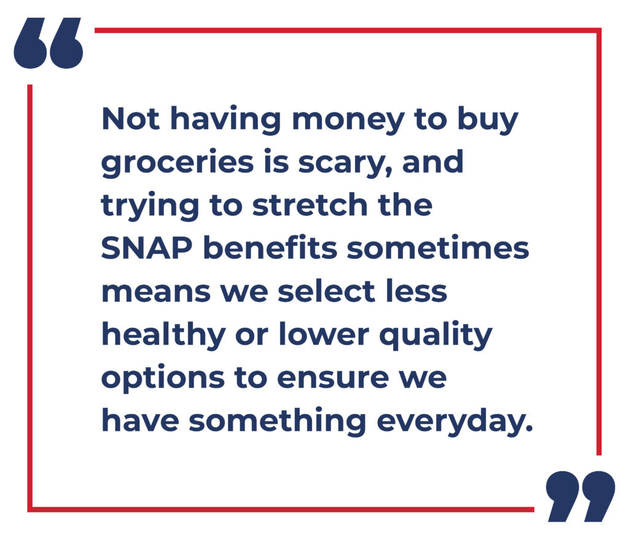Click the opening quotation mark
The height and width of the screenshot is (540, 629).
49,43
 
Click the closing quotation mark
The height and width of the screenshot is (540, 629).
580,496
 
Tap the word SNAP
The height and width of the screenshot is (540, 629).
147,248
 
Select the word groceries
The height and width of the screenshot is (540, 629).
178,163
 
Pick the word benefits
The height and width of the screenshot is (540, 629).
270,247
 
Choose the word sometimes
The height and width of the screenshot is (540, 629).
438,248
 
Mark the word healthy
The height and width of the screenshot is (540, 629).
163,335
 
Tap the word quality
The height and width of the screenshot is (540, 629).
436,335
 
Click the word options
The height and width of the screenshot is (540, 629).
163,378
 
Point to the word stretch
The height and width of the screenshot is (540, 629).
310,205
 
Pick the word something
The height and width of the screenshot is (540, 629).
277,421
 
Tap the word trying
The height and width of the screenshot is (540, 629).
150,206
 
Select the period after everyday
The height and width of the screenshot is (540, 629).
529,428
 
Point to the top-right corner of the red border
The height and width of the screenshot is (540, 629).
599,31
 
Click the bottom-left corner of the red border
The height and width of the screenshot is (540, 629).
29,509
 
